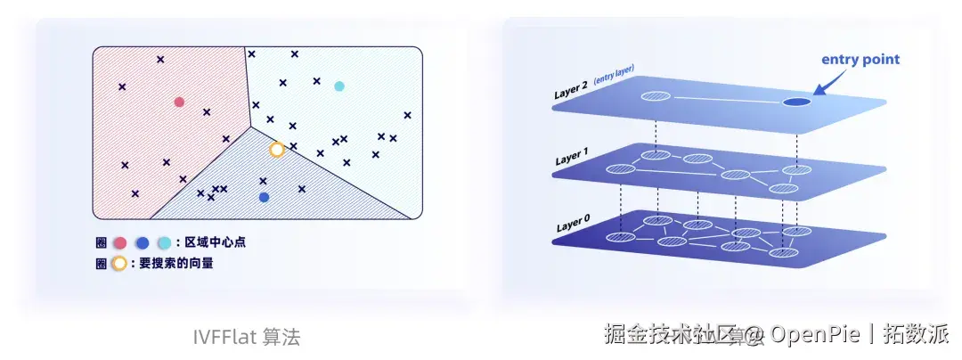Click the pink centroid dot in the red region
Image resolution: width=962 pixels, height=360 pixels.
point(179,102)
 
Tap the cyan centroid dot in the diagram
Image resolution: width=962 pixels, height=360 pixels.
point(338,86)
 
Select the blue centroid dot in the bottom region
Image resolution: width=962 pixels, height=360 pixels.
point(264,197)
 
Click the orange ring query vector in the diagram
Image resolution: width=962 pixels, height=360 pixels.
point(277,150)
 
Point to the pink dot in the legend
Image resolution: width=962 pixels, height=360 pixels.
point(119,242)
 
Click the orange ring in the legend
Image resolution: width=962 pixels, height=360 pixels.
point(119,264)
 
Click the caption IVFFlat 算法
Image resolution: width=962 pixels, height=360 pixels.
point(247,338)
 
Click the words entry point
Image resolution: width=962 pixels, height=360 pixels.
point(860,60)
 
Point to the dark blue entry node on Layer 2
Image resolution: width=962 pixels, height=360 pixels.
point(796,102)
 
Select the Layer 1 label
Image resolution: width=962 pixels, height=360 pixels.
point(572,159)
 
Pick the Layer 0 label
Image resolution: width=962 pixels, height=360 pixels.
point(572,225)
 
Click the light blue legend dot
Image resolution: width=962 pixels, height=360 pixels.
point(164,242)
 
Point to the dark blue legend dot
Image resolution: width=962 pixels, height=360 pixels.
point(142,242)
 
